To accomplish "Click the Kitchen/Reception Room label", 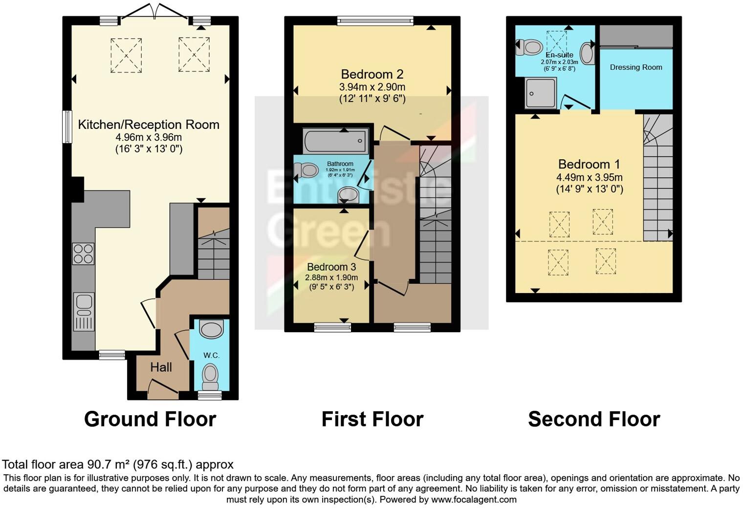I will (149, 125).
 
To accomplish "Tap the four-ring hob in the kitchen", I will (83, 254).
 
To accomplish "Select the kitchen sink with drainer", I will (84, 311).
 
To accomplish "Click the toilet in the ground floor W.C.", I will (211, 374).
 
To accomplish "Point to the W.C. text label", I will (211, 355).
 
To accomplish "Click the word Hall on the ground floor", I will (161, 367).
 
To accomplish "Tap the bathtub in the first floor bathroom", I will (335, 141).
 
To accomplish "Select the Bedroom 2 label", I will (372, 74).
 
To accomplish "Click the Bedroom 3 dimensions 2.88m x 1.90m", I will (331, 277).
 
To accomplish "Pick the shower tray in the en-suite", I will (540, 93).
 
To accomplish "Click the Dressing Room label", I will (636, 67).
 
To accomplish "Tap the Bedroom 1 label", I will (590, 164).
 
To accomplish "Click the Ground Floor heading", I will (150, 419).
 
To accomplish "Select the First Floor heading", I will (372, 419).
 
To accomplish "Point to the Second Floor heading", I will (594, 419).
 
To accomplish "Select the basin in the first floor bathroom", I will (349, 195).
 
